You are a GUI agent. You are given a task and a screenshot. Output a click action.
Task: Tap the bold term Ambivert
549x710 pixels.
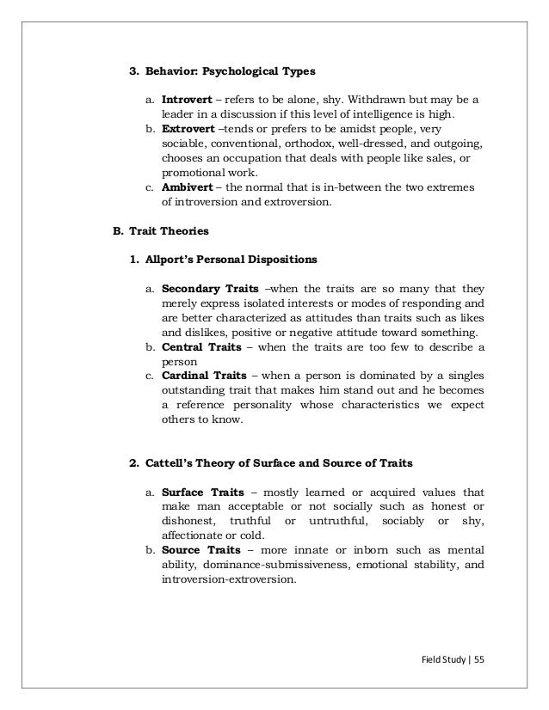[x=188, y=187]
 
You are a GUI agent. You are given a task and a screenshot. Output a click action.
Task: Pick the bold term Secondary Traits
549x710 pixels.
[x=207, y=288]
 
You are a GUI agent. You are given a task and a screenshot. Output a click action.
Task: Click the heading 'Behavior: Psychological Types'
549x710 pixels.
[x=225, y=70]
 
